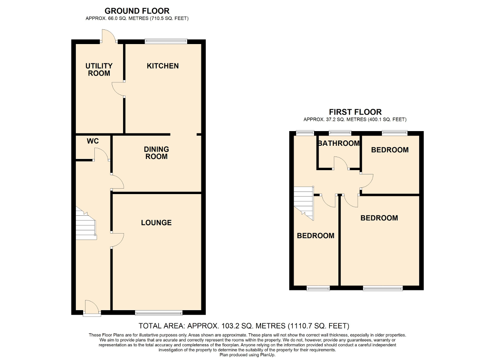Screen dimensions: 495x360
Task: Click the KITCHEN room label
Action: pos(163,66)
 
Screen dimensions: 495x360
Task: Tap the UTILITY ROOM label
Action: pos(99,69)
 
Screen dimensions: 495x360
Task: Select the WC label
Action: pos(93,141)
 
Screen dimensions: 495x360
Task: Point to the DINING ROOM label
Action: pos(157,153)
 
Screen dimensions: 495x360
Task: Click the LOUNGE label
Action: pos(157,223)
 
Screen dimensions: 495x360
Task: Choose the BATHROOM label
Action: pos(339,143)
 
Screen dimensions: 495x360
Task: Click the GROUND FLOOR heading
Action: pos(137,11)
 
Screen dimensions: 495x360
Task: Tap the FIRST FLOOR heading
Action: pos(355,112)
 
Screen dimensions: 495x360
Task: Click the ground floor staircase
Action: pos(86,223)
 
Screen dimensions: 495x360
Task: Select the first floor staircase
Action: pos(304,203)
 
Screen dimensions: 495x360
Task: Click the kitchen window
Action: pos(166,41)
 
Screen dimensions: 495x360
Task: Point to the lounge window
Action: pos(159,312)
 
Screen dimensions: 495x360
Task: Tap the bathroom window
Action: pos(340,133)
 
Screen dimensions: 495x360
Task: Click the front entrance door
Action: pos(92,308)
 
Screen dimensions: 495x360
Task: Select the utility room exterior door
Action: pos(109,36)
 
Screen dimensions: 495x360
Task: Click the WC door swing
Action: pos(102,154)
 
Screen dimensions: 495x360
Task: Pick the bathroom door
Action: pos(341,163)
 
